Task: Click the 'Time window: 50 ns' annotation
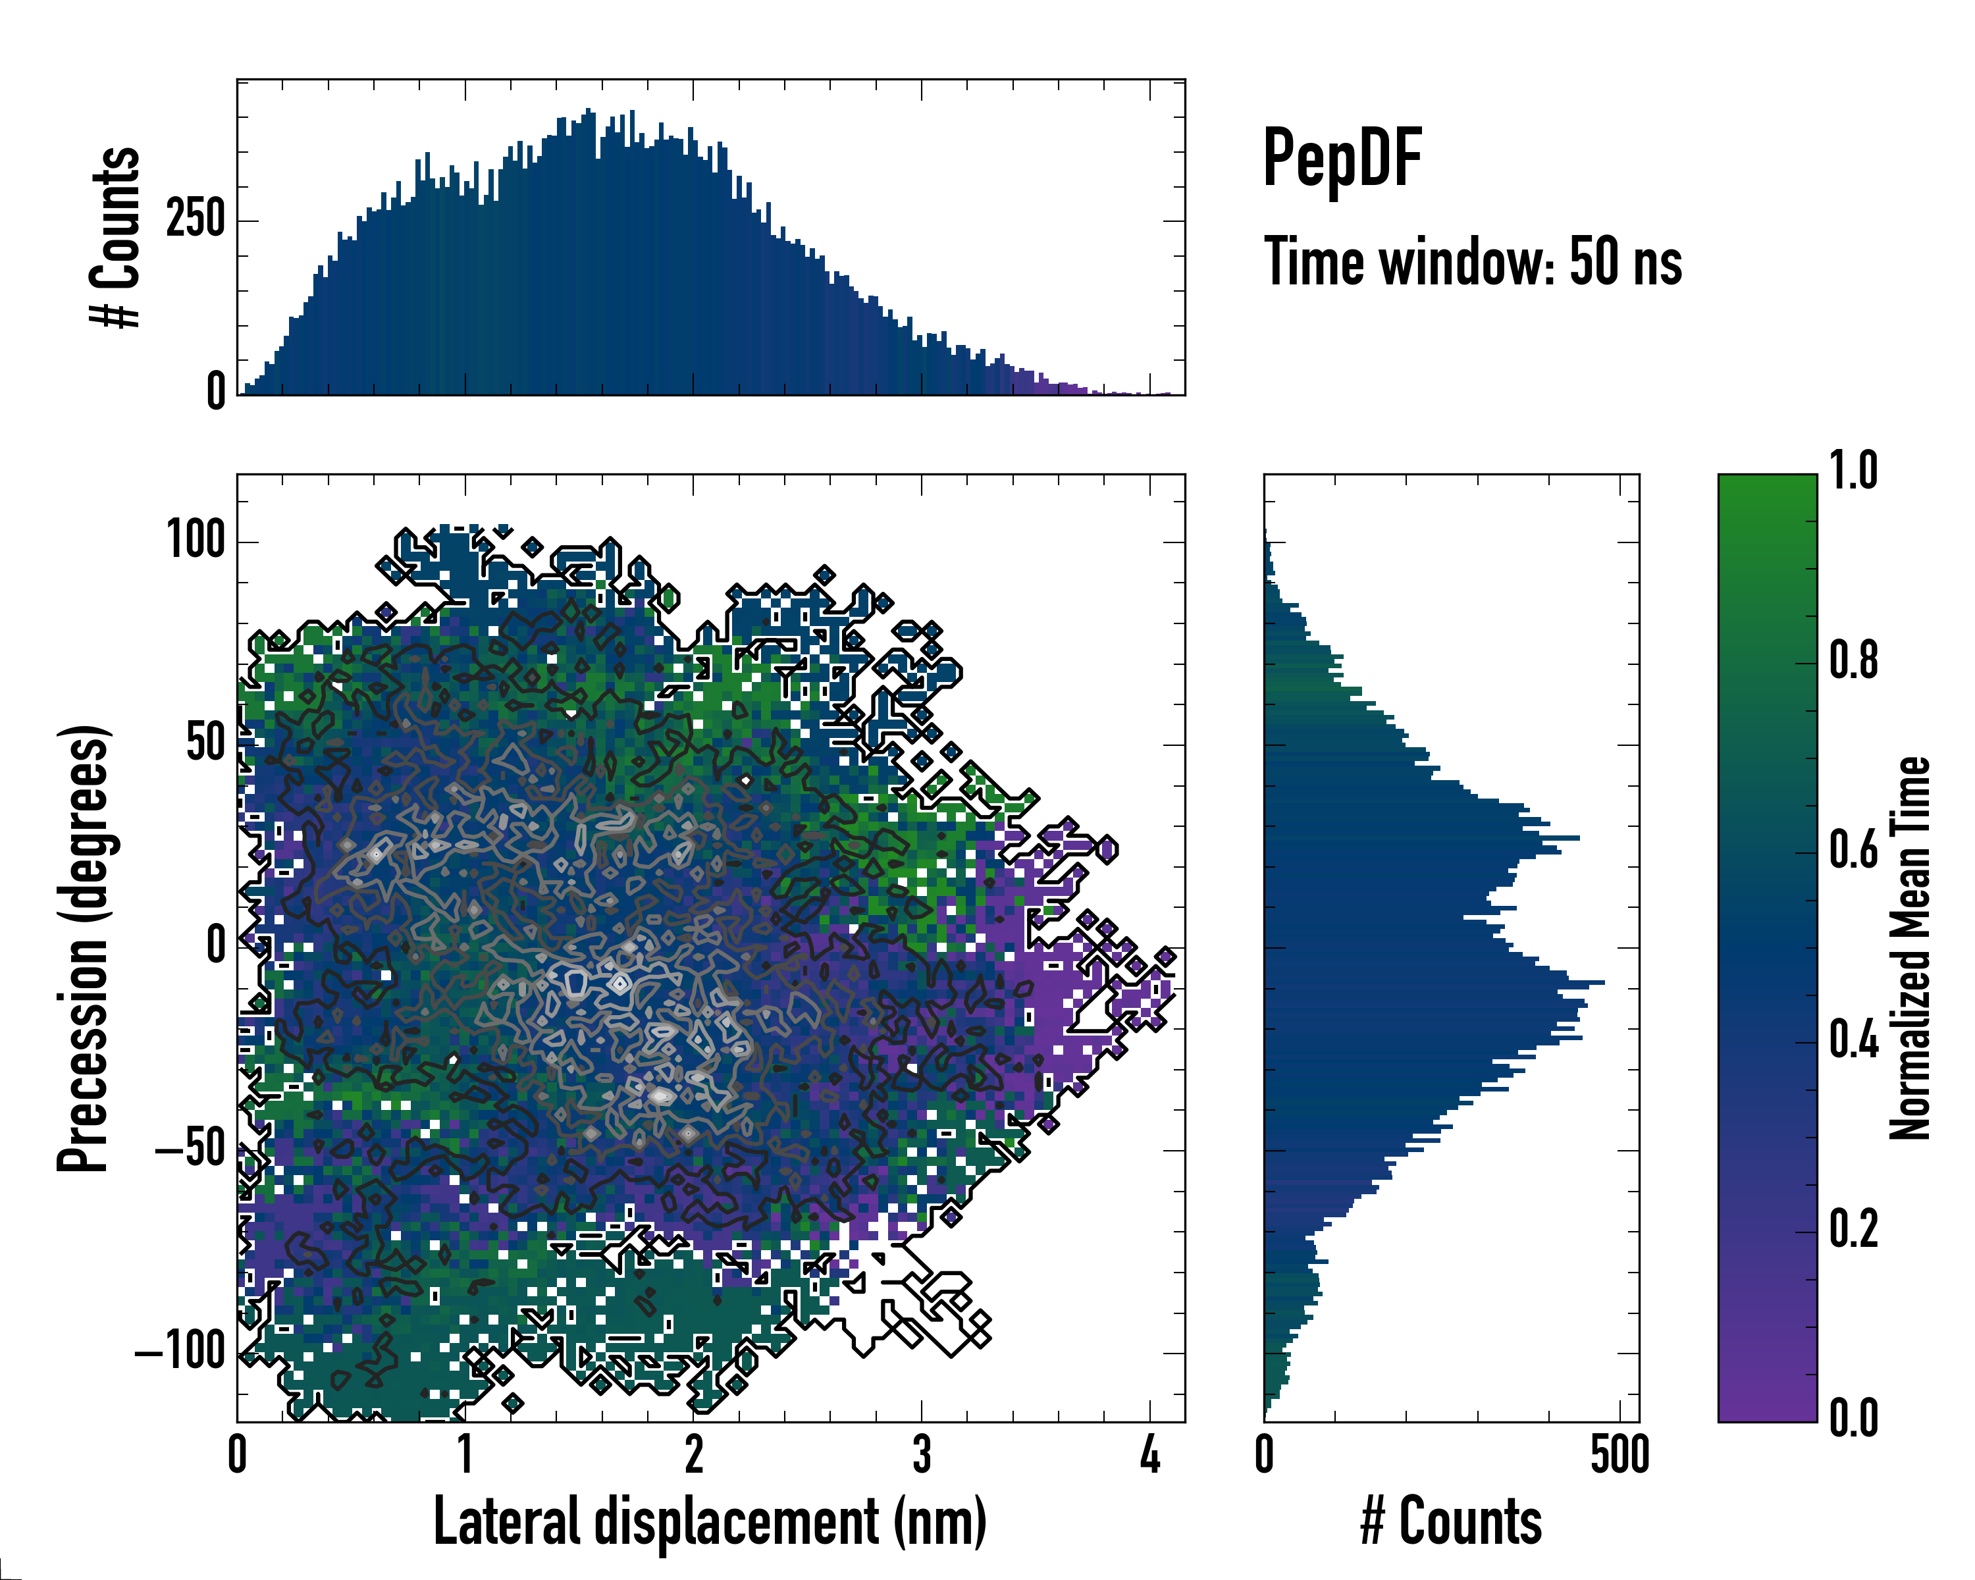point(1472,262)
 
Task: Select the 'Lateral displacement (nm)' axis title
point(710,1521)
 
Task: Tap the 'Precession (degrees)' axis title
point(84,948)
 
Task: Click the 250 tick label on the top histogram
point(195,220)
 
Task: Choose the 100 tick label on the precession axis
point(195,540)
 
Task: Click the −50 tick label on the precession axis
point(192,1149)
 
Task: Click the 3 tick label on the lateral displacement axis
point(922,1454)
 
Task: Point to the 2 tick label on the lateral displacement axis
point(693,1454)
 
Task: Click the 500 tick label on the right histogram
point(1619,1454)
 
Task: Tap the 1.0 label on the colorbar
point(1853,472)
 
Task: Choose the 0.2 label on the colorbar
point(1853,1228)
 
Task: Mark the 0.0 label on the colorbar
point(1853,1418)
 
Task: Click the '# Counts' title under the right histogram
point(1451,1521)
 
